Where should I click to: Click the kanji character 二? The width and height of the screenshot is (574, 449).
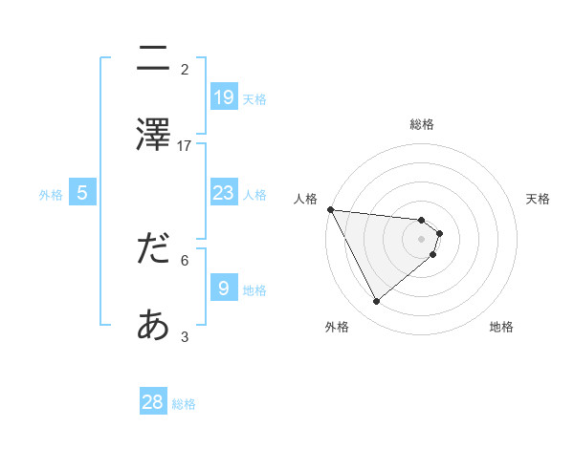tap(153, 59)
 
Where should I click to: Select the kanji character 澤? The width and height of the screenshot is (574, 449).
tap(153, 135)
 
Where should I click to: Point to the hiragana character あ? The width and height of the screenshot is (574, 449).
tap(153, 327)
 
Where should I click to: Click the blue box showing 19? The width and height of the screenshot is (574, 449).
tap(223, 96)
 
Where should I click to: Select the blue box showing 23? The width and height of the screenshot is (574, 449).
tap(223, 193)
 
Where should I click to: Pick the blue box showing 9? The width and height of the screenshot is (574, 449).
tap(223, 288)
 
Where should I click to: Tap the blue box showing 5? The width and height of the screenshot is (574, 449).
tap(82, 193)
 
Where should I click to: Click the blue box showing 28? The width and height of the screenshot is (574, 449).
tap(153, 402)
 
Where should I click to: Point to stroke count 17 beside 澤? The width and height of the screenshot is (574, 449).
tap(185, 145)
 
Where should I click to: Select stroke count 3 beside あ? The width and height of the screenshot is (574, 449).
tap(185, 336)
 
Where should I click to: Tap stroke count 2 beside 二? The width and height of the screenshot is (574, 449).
tap(185, 69)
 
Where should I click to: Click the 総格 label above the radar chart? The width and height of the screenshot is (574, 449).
tap(422, 124)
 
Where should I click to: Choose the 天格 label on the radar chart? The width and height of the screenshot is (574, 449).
tap(539, 199)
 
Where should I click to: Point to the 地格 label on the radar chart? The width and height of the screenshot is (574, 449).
tap(501, 327)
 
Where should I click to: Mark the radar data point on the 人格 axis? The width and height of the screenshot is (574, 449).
tap(330, 209)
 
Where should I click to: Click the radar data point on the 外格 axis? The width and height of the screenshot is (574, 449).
tap(377, 301)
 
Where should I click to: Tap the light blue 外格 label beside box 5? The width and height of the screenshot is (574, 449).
tap(51, 195)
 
